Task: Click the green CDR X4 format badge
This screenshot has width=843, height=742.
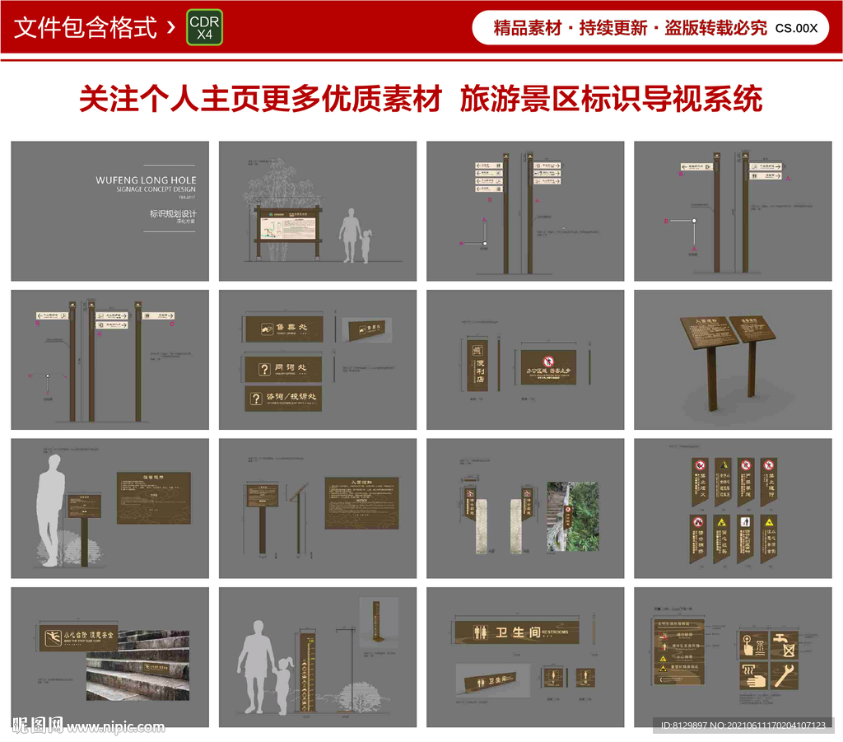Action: coord(204,28)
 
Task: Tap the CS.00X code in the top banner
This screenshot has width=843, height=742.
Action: coord(796,28)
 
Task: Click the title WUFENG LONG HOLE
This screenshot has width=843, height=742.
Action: coord(146,180)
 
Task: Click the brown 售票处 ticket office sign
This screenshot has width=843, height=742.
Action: coord(283,329)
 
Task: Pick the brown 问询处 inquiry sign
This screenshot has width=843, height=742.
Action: coord(283,368)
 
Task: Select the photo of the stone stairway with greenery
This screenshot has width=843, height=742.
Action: coord(573,516)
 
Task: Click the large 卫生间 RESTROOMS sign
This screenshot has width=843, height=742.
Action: coord(516,632)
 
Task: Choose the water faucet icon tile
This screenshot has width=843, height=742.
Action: coord(784,645)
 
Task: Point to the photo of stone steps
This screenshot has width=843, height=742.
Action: coord(137,666)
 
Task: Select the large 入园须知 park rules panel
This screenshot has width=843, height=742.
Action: coord(361,502)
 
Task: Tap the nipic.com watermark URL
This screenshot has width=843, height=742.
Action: coord(115,726)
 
